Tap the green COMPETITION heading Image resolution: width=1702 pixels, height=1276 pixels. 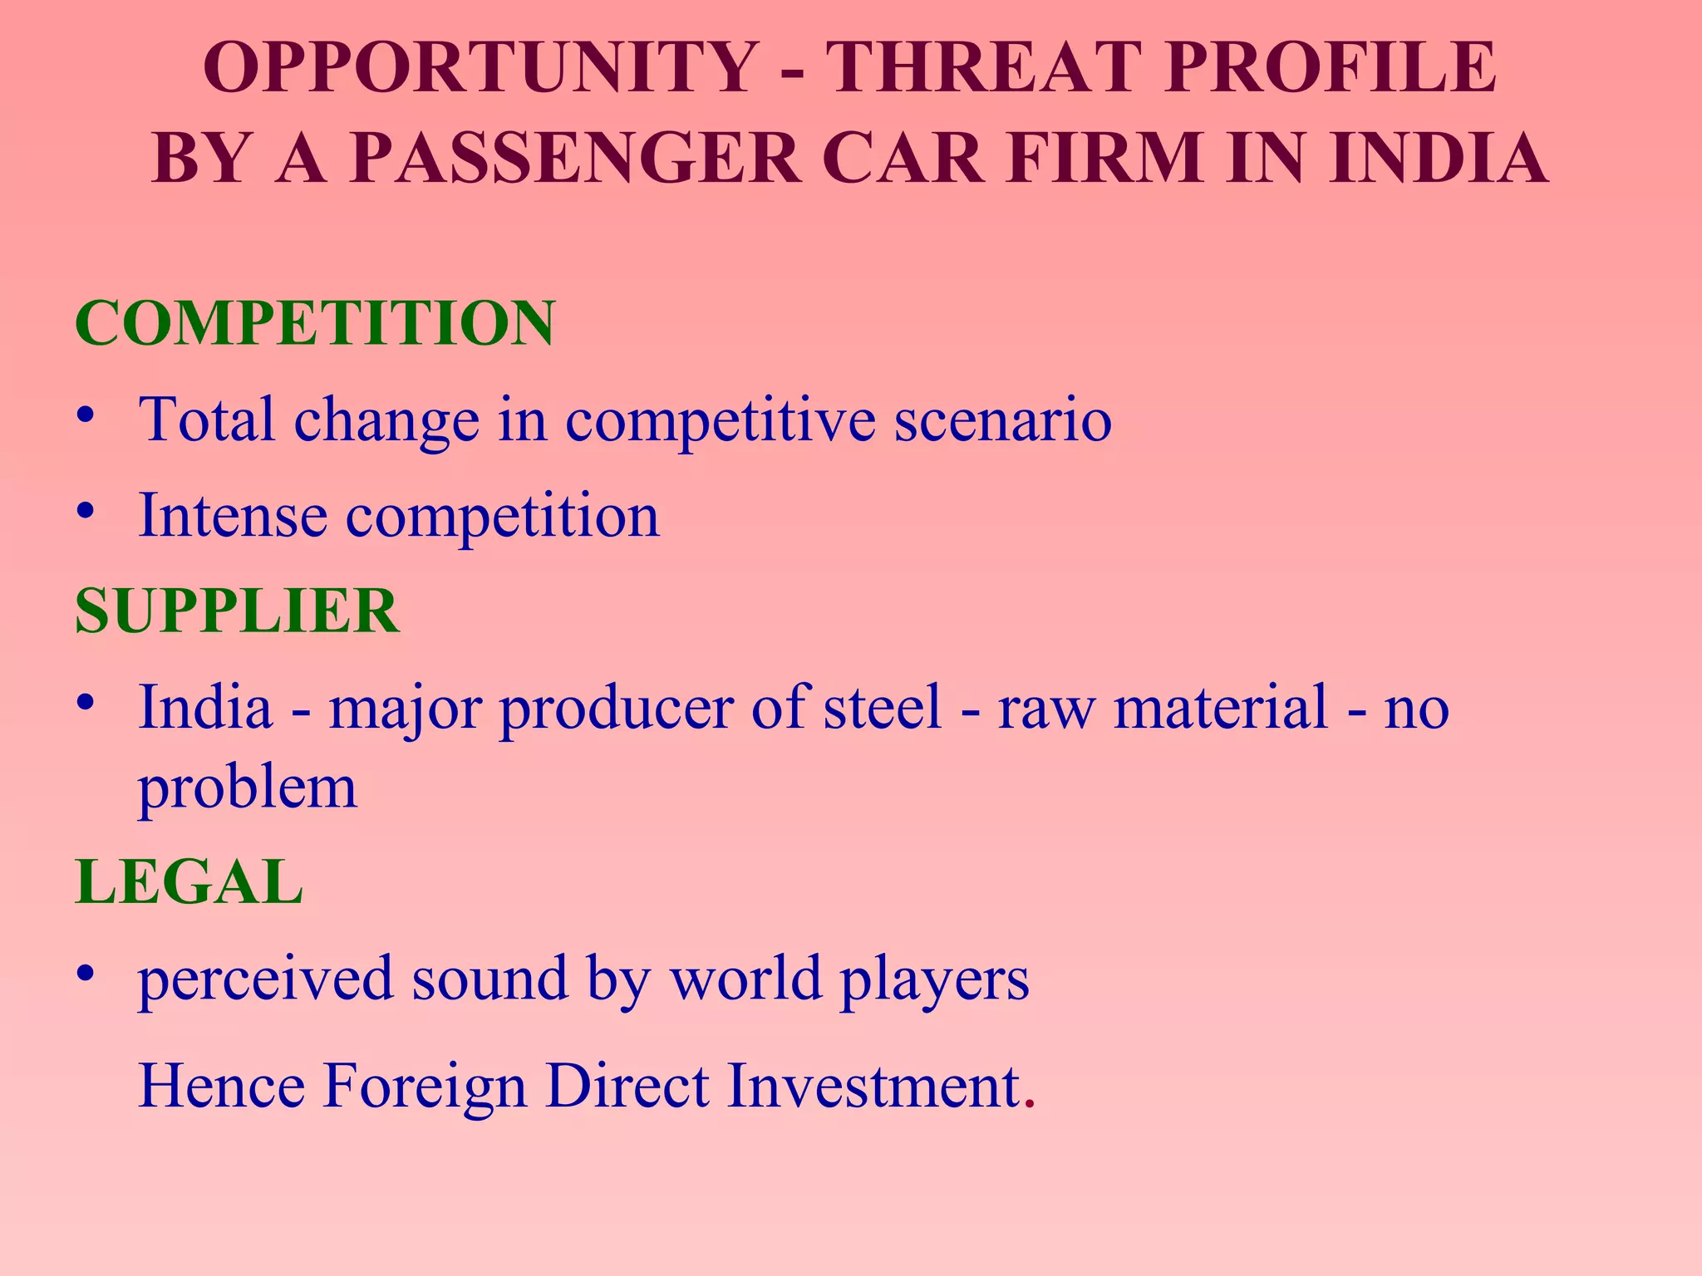[314, 323]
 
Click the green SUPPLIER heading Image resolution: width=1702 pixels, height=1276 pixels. [237, 611]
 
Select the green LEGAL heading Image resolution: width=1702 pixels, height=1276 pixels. [189, 882]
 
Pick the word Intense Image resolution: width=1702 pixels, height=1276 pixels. [233, 516]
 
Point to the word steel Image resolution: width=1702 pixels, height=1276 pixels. [882, 707]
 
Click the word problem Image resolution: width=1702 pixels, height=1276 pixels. [247, 788]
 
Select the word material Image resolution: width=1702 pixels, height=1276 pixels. [1221, 707]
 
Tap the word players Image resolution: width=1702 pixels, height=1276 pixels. [934, 979]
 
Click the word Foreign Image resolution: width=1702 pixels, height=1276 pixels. [425, 1086]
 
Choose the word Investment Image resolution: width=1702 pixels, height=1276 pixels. [873, 1086]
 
